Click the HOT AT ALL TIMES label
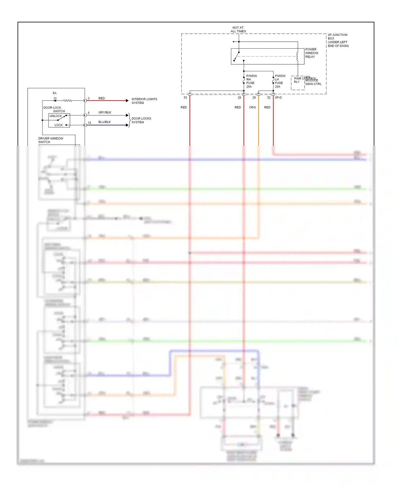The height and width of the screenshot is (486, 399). coord(238,29)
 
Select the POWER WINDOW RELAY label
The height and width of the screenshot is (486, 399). coord(311,53)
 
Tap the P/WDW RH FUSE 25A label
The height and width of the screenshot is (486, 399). coord(251,81)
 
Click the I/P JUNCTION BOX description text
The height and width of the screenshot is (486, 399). coord(338,40)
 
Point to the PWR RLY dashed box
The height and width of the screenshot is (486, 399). coord(297,83)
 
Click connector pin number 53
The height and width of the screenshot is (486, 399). coord(185,98)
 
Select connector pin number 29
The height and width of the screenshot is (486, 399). coord(239,98)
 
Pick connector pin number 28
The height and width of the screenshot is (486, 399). coord(254,98)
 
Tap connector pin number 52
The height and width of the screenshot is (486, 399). coord(269,98)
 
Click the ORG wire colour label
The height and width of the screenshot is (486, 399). coord(252,107)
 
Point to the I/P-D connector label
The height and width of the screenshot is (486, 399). coord(278,98)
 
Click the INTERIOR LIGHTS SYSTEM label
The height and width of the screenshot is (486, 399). coord(144,101)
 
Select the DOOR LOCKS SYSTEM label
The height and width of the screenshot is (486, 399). coord(141,120)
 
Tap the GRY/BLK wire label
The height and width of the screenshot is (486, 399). coord(105,112)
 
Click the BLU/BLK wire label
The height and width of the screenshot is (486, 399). coord(105,122)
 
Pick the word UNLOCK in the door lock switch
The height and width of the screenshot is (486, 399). coord(56,116)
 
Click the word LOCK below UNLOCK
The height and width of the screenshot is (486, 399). coord(59,125)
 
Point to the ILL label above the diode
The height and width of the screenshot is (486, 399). coord(55,93)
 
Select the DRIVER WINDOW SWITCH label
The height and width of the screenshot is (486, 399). coord(51,140)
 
